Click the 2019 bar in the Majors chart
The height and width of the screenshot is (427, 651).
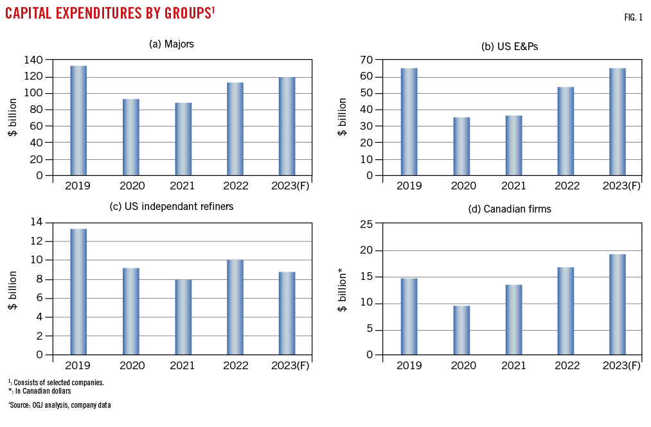78,120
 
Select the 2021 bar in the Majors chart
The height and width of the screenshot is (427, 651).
183,139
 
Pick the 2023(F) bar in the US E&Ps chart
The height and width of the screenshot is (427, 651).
618,121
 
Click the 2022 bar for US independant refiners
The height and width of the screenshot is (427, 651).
235,306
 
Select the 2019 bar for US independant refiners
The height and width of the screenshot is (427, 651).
78,291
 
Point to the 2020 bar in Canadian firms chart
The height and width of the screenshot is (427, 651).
461,329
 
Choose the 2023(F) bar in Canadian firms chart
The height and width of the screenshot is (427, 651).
618,304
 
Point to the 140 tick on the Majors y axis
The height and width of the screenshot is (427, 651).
33,60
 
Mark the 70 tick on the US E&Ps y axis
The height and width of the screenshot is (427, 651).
367,60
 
